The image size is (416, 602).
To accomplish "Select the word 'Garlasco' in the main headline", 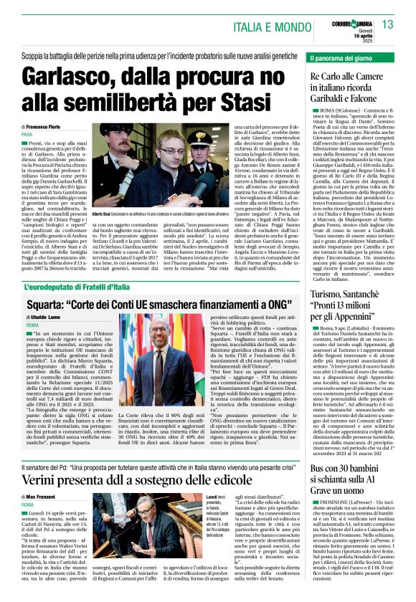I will tap(75, 77).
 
